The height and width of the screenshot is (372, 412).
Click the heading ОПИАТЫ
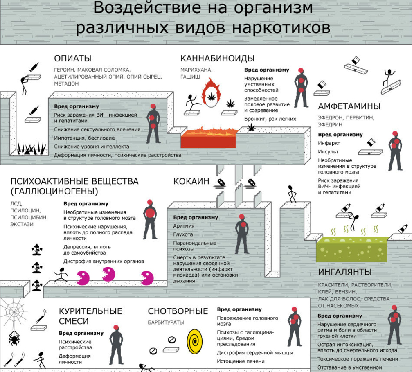(73, 58)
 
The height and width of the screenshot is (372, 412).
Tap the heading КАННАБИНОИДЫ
(217, 58)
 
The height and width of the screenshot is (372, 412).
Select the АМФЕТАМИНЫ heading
(349, 106)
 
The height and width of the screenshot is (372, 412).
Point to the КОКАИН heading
(191, 181)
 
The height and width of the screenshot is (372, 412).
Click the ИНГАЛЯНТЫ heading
(345, 272)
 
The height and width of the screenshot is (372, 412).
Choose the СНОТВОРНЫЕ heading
(178, 311)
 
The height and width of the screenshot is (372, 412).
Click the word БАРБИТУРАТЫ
(166, 322)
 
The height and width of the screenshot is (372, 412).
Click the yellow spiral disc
(195, 341)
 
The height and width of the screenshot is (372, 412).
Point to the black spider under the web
(14, 338)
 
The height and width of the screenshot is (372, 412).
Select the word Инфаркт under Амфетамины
(329, 143)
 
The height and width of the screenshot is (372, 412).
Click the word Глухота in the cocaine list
(183, 234)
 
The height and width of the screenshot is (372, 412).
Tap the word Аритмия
(184, 226)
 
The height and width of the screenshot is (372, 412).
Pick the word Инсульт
(328, 152)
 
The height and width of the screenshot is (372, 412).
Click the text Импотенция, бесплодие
(84, 138)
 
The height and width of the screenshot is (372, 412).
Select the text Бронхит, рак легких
(270, 119)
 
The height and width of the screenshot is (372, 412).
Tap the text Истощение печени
(241, 361)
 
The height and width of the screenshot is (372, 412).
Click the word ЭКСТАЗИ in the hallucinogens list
(22, 224)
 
